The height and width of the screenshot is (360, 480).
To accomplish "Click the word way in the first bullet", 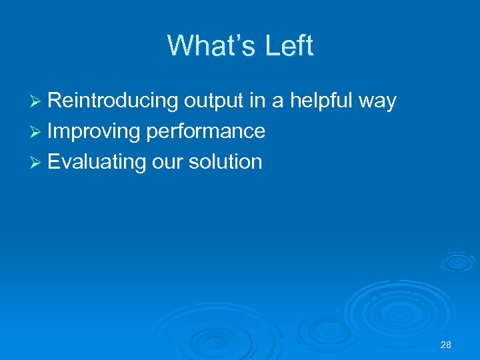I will [377, 102].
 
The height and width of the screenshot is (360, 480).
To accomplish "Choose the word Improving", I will [94, 131].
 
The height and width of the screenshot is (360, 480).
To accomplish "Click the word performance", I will [206, 131].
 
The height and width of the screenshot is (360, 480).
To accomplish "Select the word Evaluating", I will [97, 161].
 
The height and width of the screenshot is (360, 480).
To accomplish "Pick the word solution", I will [226, 161].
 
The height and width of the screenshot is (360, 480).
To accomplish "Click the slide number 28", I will [446, 345].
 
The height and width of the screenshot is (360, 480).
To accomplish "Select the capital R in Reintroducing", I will [55, 101].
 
